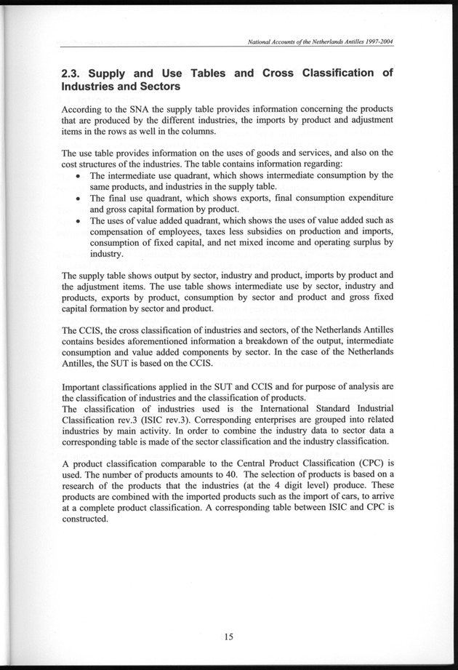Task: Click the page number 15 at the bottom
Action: pyautogui.click(x=228, y=637)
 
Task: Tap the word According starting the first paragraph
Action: pyautogui.click(x=86, y=110)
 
